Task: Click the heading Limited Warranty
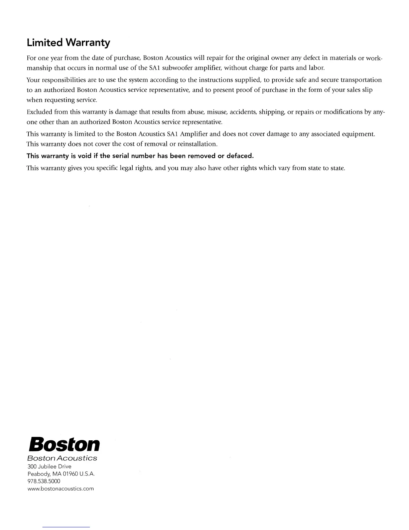(68, 43)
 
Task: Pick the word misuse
(218, 112)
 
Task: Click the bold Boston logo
(64, 444)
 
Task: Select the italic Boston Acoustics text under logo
(62, 458)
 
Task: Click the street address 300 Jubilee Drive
(49, 466)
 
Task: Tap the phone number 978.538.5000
(43, 481)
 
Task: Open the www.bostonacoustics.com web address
(60, 489)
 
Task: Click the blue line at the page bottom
(66, 527)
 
